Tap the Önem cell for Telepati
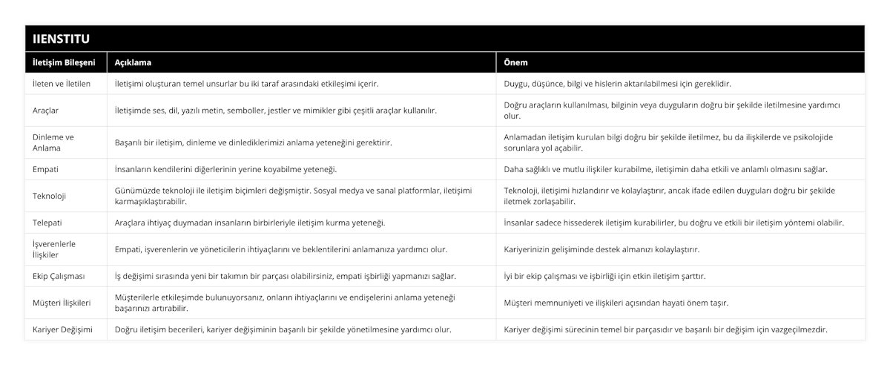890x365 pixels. [673, 223]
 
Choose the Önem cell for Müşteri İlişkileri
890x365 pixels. [616, 303]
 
